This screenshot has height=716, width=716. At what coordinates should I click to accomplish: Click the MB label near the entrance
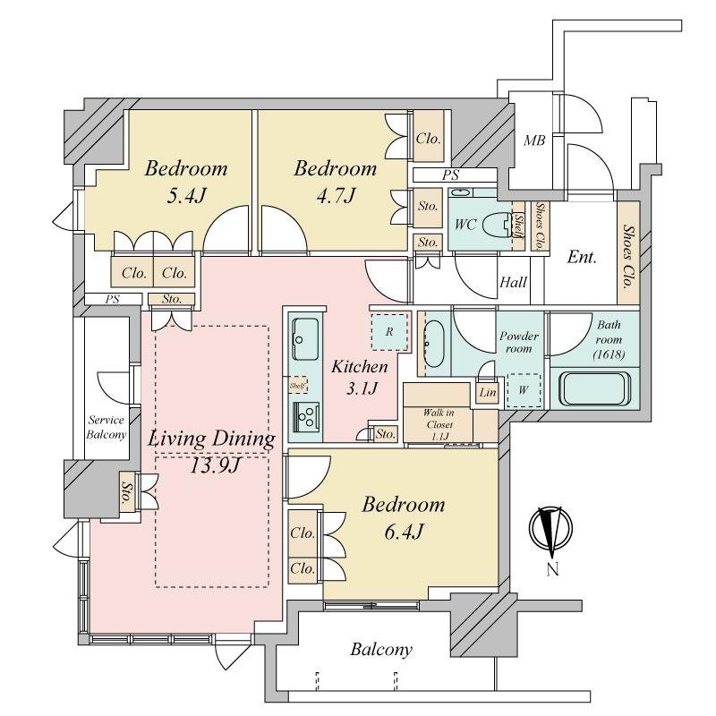534,141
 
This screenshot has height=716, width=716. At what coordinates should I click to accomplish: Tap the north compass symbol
552,529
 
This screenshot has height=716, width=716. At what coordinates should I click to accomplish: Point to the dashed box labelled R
389,331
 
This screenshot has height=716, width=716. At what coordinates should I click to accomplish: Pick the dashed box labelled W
524,389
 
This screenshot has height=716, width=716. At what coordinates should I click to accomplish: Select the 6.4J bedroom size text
403,532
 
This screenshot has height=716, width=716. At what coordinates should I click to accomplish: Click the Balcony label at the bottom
381,650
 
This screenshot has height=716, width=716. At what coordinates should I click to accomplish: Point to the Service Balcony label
105,427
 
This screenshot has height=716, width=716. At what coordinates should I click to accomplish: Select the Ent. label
583,257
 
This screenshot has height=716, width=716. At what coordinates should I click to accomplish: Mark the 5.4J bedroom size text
186,194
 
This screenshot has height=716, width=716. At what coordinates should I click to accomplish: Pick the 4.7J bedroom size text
336,194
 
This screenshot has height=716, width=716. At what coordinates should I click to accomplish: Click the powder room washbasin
434,340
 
